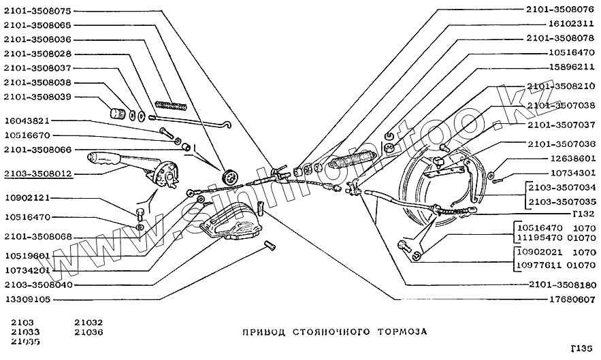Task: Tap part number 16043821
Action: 27,121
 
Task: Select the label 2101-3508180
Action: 561,284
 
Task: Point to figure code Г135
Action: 583,349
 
